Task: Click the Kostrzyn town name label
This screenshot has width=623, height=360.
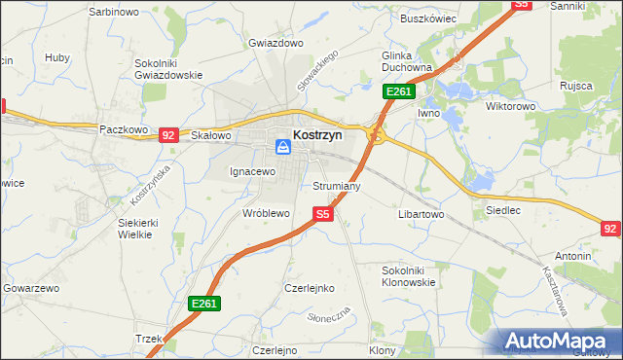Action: (317, 136)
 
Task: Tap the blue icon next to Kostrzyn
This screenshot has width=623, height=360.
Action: (283, 147)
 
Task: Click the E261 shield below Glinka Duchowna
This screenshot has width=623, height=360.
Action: (399, 91)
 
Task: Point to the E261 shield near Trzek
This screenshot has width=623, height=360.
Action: (204, 305)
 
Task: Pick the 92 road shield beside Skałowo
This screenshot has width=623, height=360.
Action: (168, 135)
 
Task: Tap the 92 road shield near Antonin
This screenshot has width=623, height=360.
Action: (611, 229)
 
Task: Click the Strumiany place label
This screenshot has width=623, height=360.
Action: (338, 185)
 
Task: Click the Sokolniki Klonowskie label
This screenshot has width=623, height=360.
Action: (409, 275)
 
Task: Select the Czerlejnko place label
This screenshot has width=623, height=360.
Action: (310, 288)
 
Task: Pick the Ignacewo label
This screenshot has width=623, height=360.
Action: (253, 171)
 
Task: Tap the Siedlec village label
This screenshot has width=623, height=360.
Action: (502, 209)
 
